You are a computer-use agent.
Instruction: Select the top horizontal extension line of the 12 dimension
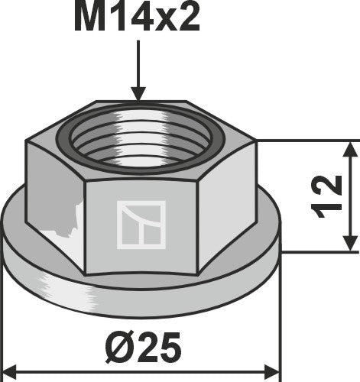306,141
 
